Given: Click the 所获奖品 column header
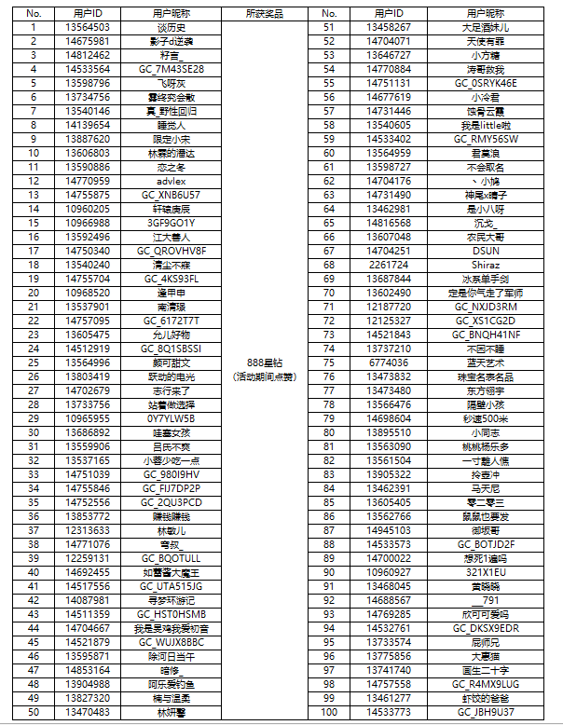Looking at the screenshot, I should (264, 15).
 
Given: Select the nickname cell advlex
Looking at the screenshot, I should (172, 180).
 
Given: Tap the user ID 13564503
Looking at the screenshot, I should (87, 28).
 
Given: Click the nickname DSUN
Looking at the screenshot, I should (486, 251).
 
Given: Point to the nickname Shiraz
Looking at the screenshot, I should (486, 265).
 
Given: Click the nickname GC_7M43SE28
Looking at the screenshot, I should (172, 69).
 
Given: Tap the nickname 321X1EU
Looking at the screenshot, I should (486, 571).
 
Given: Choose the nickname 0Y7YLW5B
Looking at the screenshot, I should (172, 418).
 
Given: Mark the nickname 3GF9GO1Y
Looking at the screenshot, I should (172, 223).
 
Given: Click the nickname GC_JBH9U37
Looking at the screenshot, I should (486, 712).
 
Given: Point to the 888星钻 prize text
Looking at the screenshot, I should (264, 362).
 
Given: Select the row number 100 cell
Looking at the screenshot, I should (328, 712).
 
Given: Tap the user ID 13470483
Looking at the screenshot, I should (87, 712).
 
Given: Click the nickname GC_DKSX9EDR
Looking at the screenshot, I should (486, 628).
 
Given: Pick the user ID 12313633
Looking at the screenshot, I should (87, 530).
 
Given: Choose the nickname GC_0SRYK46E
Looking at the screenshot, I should (486, 83).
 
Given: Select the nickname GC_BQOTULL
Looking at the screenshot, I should (172, 557).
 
